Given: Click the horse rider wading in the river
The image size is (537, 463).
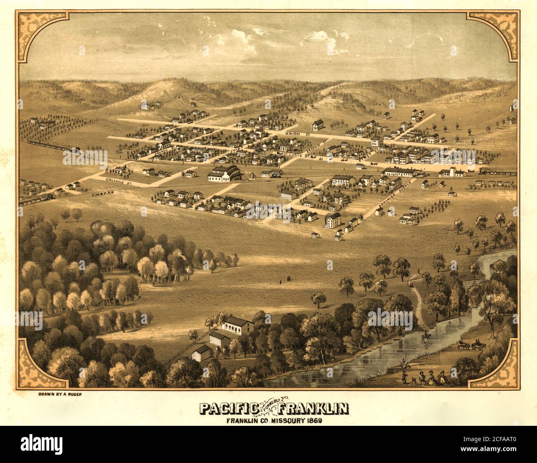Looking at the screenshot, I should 425,337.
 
